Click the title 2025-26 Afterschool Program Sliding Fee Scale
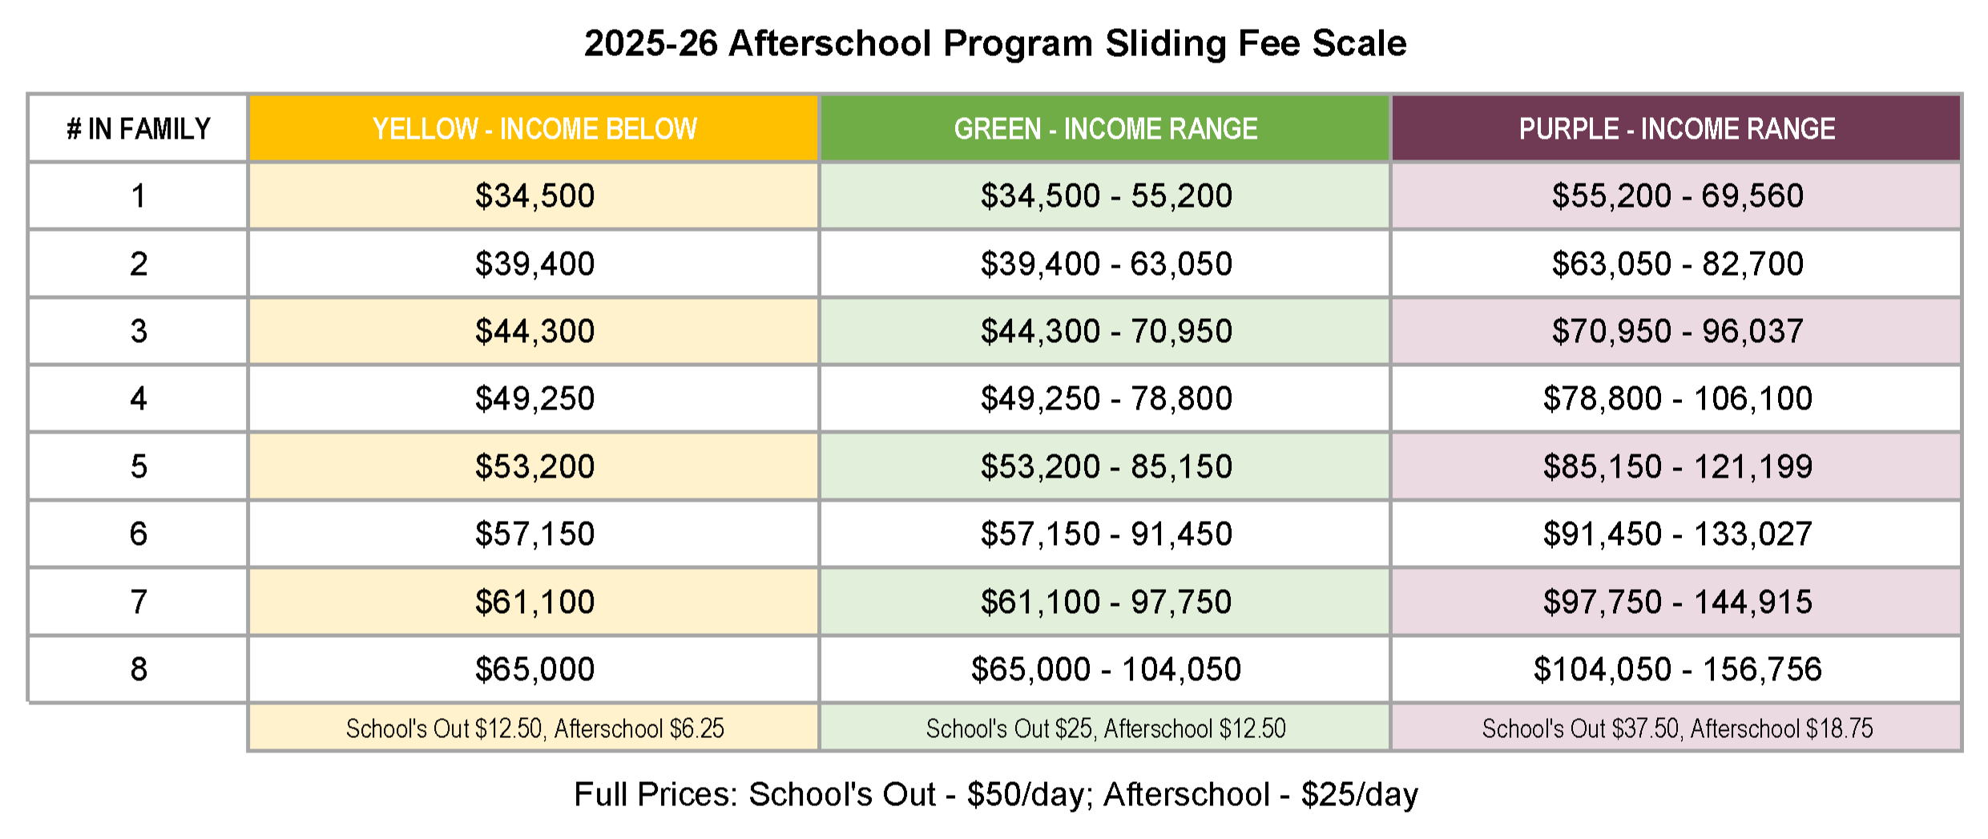point(994,43)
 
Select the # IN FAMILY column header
point(138,128)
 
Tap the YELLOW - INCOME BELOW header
point(534,128)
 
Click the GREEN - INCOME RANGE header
point(1105,128)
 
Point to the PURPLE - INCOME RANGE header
point(1676,128)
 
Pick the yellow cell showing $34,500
point(534,196)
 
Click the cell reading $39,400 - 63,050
point(1106,264)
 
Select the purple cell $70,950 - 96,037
point(1677,331)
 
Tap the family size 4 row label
point(138,398)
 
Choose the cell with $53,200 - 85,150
point(1106,466)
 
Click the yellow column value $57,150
point(534,534)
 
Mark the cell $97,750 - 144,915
point(1677,602)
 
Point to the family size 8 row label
point(138,669)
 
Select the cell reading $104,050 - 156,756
point(1677,669)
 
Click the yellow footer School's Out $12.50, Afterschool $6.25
point(534,728)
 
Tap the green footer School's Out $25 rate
point(1106,728)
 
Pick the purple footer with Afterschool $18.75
point(1677,728)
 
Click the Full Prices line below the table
point(995,794)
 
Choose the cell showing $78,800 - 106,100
point(1677,398)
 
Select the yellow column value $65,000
point(534,669)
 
